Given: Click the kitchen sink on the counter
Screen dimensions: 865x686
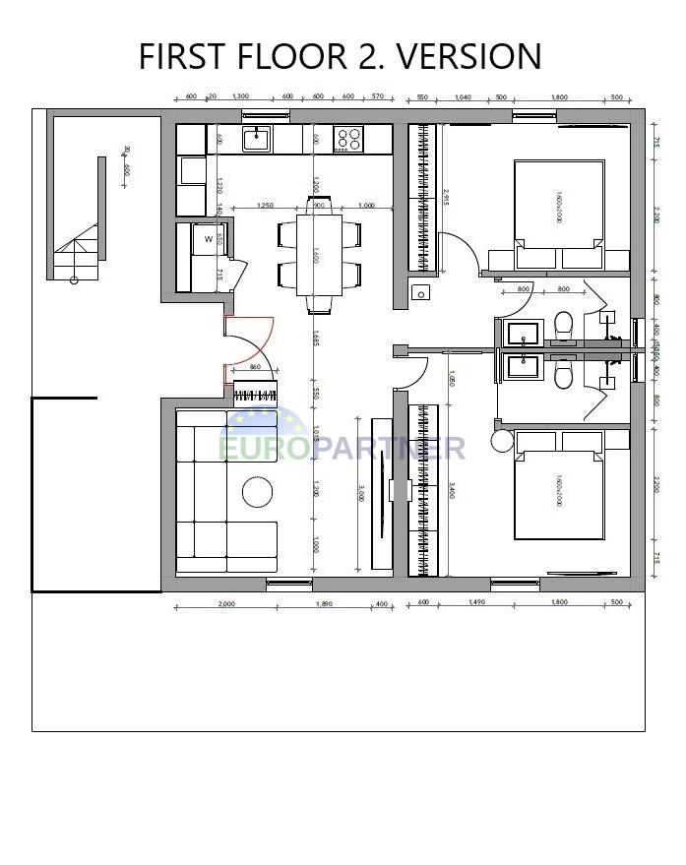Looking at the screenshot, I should tap(257, 139).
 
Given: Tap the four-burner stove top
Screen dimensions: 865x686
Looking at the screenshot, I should tap(348, 139).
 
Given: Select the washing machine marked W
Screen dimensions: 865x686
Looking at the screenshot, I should tap(209, 239).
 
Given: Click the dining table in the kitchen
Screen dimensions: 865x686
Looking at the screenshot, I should tap(319, 254).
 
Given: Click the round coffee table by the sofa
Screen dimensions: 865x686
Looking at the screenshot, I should tap(260, 491).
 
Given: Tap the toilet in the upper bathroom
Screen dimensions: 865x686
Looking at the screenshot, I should tap(564, 324).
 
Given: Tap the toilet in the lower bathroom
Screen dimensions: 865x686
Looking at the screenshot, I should tap(564, 373).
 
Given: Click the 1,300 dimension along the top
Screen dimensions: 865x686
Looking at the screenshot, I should tap(239, 97).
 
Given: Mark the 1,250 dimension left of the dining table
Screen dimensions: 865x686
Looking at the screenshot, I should tap(264, 206).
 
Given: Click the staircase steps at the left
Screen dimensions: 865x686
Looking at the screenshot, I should tap(77, 252).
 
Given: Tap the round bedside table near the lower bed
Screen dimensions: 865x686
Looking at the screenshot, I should tap(502, 440).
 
